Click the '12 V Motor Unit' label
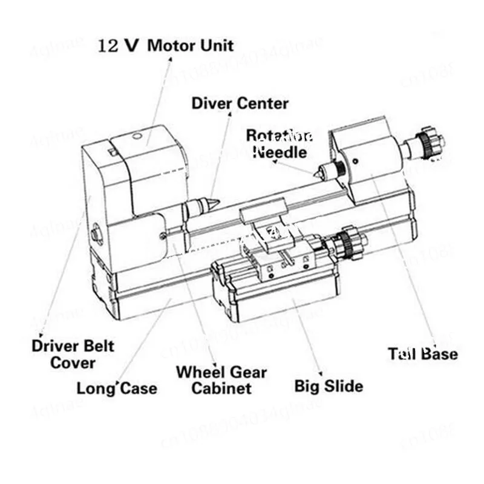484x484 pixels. point(166,45)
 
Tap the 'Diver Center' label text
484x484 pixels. point(240,103)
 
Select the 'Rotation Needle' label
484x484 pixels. point(280,143)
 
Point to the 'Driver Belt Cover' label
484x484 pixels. point(73,355)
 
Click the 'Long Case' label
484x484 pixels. point(117,388)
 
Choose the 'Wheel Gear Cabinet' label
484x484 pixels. point(221,380)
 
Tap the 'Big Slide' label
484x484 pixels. point(329,385)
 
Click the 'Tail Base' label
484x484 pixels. point(423,353)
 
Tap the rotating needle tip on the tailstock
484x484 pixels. point(316,174)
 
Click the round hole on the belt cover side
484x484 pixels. point(96,233)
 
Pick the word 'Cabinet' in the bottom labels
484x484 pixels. point(221,388)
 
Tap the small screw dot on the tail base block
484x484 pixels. point(355,160)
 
